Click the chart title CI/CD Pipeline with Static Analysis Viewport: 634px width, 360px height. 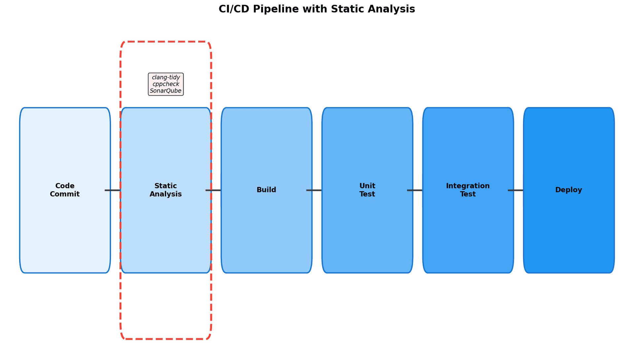point(317,9)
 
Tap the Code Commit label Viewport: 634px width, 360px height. point(65,190)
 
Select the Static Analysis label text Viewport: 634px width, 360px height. point(165,190)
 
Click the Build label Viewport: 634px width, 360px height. point(266,190)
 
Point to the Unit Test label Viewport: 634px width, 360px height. point(367,190)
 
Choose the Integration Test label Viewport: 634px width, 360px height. point(468,190)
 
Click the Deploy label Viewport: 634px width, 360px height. point(568,190)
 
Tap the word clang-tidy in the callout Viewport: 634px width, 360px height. point(166,77)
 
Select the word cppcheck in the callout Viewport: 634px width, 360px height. point(166,84)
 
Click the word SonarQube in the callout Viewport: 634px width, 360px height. point(166,91)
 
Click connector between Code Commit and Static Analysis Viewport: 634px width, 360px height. point(113,190)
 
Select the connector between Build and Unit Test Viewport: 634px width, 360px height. point(314,190)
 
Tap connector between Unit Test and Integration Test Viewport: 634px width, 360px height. point(415,190)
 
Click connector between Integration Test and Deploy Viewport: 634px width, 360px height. point(515,190)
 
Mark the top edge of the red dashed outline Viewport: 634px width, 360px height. point(166,42)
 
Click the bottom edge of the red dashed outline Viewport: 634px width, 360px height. point(166,339)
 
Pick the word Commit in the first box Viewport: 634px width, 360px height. point(65,194)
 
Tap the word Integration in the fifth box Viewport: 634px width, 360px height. point(468,186)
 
